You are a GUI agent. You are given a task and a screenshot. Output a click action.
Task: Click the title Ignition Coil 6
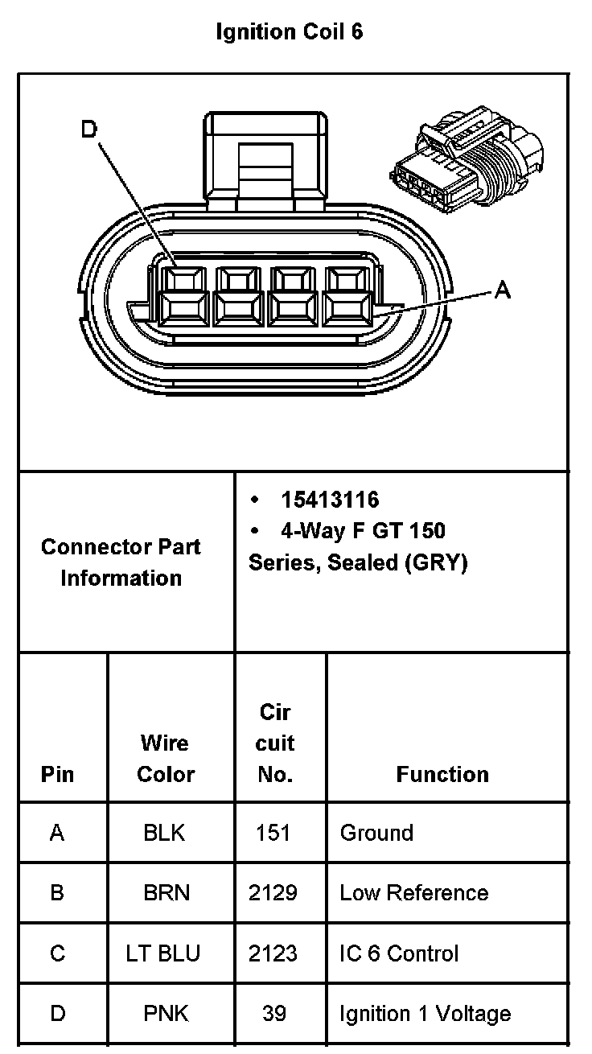290,32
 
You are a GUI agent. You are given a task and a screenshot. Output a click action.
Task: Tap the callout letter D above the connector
89,129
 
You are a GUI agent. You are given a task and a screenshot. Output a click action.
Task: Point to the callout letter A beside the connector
502,290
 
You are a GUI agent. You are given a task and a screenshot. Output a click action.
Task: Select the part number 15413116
330,500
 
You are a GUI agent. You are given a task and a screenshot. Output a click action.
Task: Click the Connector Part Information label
121,562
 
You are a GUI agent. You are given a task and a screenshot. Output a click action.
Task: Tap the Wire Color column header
166,758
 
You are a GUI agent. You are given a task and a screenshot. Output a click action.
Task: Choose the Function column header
442,774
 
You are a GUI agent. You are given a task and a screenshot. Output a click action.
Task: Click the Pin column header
57,774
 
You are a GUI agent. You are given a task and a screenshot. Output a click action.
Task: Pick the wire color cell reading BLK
164,833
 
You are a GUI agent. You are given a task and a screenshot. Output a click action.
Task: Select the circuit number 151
273,833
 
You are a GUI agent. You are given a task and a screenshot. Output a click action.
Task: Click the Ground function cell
376,833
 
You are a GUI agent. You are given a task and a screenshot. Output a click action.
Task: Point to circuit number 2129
273,893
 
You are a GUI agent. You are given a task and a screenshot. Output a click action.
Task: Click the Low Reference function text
413,893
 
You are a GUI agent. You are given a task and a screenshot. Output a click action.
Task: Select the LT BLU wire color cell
163,953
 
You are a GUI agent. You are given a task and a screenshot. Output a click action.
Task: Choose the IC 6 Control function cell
399,953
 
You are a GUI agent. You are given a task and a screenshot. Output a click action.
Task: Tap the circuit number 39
274,1014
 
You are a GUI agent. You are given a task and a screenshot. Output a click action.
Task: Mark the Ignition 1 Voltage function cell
425,1014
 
